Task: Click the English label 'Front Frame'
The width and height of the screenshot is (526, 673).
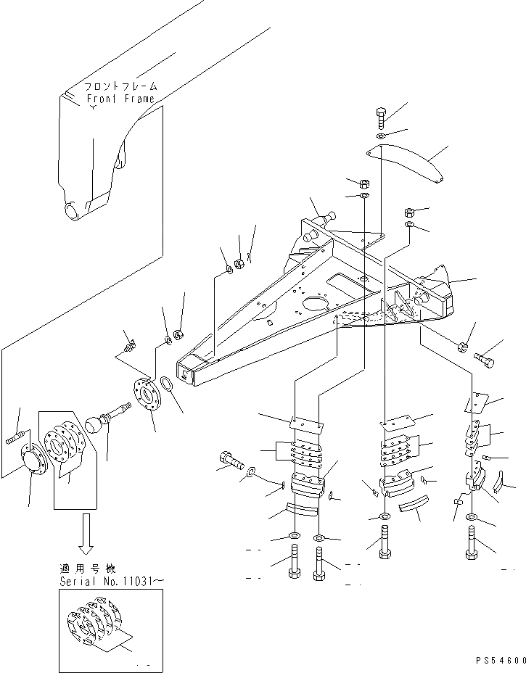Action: (120, 99)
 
